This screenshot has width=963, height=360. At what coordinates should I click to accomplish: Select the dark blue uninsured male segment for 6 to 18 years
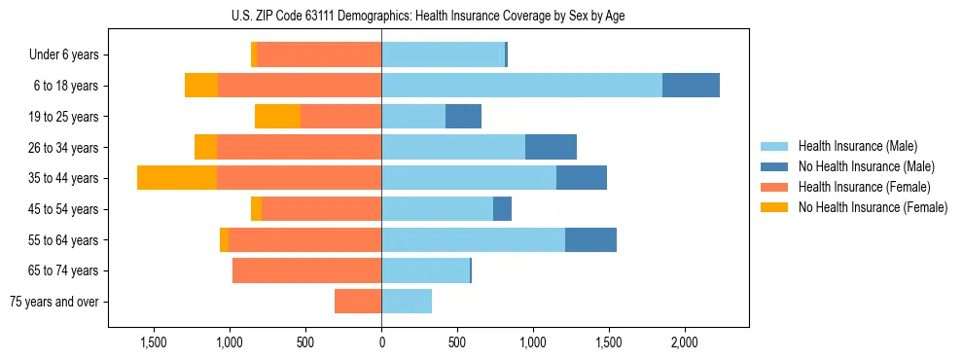point(691,86)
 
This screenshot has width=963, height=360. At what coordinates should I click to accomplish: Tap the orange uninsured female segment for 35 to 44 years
point(177,178)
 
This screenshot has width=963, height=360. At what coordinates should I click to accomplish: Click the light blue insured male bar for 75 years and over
point(407,302)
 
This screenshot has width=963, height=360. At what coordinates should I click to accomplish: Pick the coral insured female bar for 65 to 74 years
point(306,270)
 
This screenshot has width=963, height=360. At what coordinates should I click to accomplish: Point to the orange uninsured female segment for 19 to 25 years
point(277,117)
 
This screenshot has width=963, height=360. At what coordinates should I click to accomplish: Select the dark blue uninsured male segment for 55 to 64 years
point(590,240)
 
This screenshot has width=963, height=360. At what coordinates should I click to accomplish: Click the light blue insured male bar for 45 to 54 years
point(437,209)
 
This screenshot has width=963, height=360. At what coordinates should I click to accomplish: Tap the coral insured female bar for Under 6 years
point(319,55)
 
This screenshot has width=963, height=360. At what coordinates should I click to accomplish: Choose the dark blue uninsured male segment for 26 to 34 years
point(551,148)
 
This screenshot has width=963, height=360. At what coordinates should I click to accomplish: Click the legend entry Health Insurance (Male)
point(856,146)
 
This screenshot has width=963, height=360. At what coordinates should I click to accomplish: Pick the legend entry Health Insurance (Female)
point(864,187)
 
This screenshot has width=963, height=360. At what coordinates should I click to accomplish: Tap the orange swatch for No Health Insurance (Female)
point(775,207)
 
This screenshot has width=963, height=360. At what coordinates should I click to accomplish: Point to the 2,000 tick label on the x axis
point(684,342)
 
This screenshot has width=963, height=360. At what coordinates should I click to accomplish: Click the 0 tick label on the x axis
point(381,342)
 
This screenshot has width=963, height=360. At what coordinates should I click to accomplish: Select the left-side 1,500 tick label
point(155,342)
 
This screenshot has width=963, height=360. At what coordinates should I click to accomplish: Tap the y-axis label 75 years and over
point(53,302)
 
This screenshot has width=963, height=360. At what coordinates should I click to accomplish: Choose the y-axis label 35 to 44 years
point(64,178)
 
